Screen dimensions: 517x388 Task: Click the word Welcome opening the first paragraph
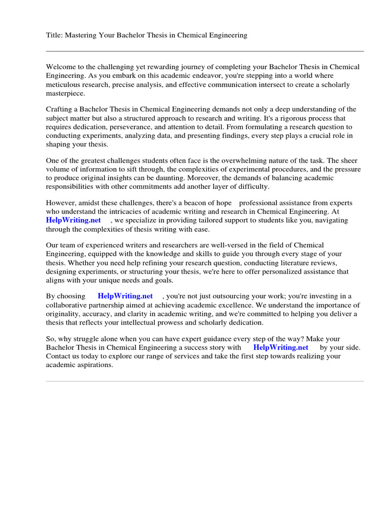pyautogui.click(x=61, y=67)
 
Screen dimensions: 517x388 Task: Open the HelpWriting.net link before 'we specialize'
pyautogui.click(x=73, y=221)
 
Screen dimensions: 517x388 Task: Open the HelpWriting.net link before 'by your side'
pyautogui.click(x=281, y=348)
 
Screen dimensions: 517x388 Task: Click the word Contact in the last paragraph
pyautogui.click(x=59, y=356)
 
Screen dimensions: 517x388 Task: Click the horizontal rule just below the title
pyautogui.click(x=205, y=51)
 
